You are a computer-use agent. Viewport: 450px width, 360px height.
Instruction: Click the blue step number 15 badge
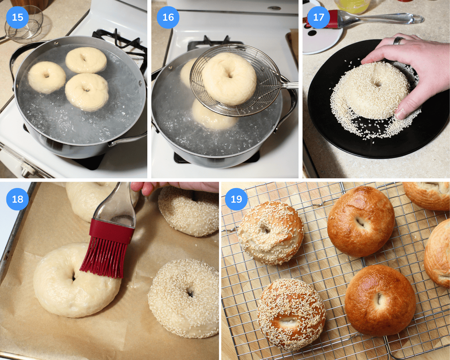pyautogui.click(x=17, y=17)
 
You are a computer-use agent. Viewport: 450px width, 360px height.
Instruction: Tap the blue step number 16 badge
pyautogui.click(x=168, y=17)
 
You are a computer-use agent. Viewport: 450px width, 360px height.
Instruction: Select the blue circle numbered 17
pyautogui.click(x=318, y=17)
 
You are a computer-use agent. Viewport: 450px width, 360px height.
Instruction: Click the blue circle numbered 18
pyautogui.click(x=17, y=199)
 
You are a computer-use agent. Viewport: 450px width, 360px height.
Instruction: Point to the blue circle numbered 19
pyautogui.click(x=236, y=199)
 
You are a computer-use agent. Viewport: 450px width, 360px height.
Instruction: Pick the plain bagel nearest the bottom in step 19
pyautogui.click(x=380, y=300)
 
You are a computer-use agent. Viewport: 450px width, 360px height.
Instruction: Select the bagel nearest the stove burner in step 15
pyautogui.click(x=86, y=60)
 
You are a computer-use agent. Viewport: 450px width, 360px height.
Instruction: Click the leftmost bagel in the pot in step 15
pyautogui.click(x=46, y=77)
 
